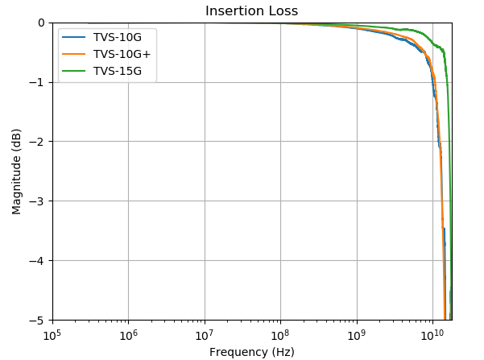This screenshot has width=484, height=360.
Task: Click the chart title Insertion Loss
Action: [x=251, y=11]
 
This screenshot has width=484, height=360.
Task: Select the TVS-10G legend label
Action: [x=118, y=37]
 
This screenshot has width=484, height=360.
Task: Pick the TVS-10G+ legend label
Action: [x=122, y=54]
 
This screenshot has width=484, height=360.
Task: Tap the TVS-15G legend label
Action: [x=118, y=72]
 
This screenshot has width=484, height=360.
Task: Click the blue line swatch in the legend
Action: [x=74, y=37]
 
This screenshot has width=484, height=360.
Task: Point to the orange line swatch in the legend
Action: [x=74, y=54]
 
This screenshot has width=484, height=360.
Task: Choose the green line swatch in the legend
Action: [x=74, y=72]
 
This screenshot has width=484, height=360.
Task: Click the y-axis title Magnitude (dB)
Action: [x=16, y=172]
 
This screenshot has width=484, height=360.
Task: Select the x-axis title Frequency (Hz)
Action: [x=252, y=352]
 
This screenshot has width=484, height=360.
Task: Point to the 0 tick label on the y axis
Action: [x=41, y=23]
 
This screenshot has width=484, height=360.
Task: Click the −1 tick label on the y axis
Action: [x=37, y=82]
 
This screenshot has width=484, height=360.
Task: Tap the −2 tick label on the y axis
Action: [x=37, y=142]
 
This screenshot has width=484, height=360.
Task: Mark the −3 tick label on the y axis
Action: [x=37, y=201]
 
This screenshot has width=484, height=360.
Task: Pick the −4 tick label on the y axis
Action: [x=37, y=261]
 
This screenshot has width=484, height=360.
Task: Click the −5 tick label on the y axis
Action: [x=37, y=321]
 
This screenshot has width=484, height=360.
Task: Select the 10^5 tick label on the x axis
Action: [x=52, y=335]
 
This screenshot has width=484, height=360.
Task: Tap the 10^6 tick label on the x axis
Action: [x=128, y=335]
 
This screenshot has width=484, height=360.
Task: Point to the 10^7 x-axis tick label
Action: [x=205, y=335]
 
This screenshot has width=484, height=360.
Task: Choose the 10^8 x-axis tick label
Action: [x=280, y=335]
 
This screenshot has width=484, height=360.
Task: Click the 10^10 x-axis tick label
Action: [x=432, y=335]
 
